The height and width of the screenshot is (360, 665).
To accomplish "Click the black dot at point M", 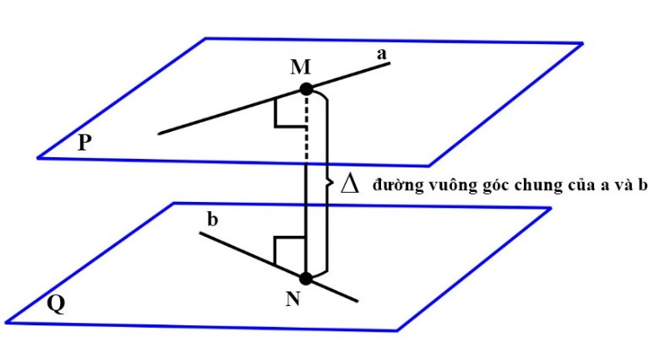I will coord(306,88).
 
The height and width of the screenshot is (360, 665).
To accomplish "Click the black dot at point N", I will coord(306,278).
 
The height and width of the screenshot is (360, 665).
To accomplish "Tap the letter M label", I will coord(300,67).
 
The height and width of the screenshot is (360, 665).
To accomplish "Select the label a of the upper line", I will coord(382,54).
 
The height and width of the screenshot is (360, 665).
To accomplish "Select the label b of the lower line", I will coord(213,219).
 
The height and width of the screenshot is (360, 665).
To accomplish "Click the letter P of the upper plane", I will coord(84,142).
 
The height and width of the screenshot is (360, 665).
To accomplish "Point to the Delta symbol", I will coord(348,183).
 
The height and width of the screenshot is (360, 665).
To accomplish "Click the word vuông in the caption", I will coord(436,185).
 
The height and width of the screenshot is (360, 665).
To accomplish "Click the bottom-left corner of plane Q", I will coord(7,322).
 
